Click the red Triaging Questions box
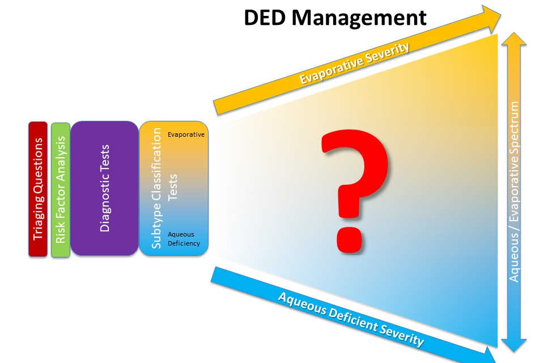(x=38, y=189)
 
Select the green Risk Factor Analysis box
(x=61, y=189)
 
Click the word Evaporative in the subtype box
(x=186, y=134)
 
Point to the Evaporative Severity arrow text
(x=354, y=64)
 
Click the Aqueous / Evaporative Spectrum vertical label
(x=515, y=191)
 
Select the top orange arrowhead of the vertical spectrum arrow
(x=515, y=41)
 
